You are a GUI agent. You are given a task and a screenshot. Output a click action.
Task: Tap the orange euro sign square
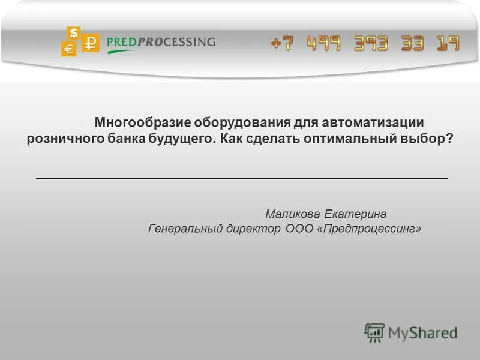pyautogui.click(x=68, y=49)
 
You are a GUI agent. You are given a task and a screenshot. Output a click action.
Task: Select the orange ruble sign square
pyautogui.click(x=91, y=43)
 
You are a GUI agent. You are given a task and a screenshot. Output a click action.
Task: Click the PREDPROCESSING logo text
pyautogui.click(x=160, y=42)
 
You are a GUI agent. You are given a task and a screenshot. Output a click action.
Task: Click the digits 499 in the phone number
pyautogui.click(x=325, y=43)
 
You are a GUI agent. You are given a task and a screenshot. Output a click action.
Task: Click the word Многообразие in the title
pyautogui.click(x=142, y=123)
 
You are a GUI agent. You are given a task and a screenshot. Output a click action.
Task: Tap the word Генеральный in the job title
pyautogui.click(x=184, y=229)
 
